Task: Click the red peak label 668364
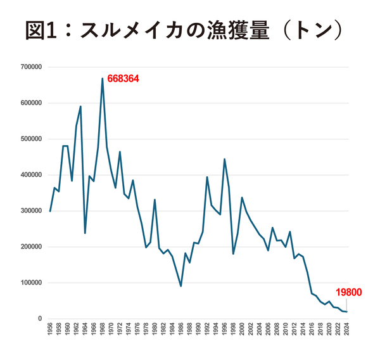pyautogui.click(x=123, y=79)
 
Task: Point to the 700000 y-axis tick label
pyautogui.click(x=31, y=67)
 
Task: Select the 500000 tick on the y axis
pyautogui.click(x=31, y=139)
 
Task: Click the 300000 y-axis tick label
pyautogui.click(x=31, y=211)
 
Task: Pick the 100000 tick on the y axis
pyautogui.click(x=31, y=283)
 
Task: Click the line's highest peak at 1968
pyautogui.click(x=103, y=79)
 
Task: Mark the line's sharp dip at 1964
pyautogui.click(x=85, y=233)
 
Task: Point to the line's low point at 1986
pyautogui.click(x=181, y=286)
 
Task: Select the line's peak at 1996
pyautogui.click(x=225, y=159)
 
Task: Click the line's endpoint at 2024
pyautogui.click(x=346, y=312)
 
